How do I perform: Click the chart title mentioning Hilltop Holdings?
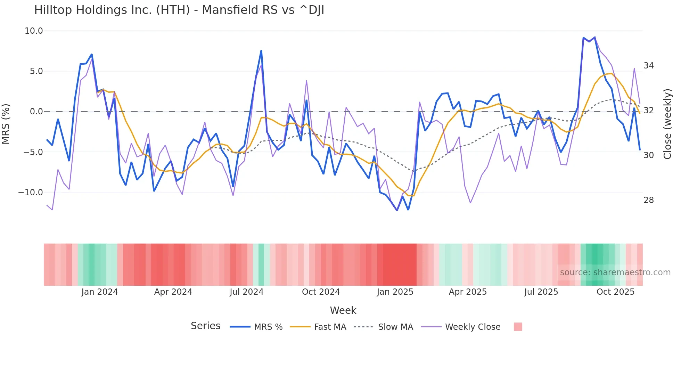tap(179, 10)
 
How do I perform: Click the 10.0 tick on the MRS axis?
tap(34, 31)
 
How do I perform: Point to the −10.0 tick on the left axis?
tap(31, 193)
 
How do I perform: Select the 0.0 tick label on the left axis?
tap(36, 112)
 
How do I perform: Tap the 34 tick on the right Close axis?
tap(648, 66)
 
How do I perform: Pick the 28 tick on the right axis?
tap(648, 200)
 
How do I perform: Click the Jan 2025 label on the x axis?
tap(395, 292)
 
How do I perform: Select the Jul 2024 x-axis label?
tap(246, 292)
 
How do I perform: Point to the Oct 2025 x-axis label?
tap(615, 292)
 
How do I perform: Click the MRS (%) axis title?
tap(6, 124)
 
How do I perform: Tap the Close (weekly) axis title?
tap(667, 124)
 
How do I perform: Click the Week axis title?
tap(343, 310)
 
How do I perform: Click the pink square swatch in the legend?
tap(518, 327)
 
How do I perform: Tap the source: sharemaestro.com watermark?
tap(615, 272)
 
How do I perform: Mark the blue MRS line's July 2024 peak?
tap(261, 51)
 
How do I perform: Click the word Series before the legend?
tap(205, 326)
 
